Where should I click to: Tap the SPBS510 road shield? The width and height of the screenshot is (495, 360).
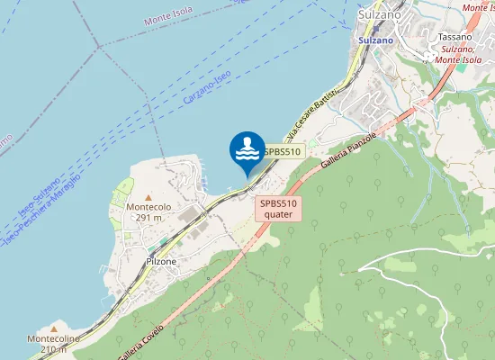click(x=282, y=152)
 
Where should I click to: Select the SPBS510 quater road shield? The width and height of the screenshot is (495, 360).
click(x=278, y=209)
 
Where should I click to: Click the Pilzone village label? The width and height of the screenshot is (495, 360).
click(x=161, y=261)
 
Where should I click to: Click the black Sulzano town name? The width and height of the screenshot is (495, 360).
click(x=379, y=15)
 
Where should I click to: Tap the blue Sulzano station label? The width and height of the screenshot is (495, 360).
click(x=375, y=40)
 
